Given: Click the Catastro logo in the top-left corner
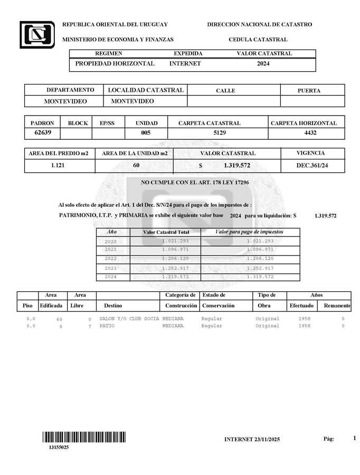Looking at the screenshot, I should [x=37, y=35].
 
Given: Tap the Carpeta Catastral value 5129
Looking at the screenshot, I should [x=220, y=133].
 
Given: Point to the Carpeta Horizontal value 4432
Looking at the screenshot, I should [x=310, y=133].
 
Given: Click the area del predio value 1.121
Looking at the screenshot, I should [x=59, y=166].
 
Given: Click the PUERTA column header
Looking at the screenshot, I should [x=309, y=90].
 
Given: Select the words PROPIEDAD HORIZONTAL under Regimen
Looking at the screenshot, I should [x=115, y=64].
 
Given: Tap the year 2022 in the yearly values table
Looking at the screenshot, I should [x=111, y=259].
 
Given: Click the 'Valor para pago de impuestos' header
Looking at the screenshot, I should [x=249, y=232].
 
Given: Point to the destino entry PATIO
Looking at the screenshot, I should [x=107, y=326].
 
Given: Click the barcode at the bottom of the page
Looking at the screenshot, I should [x=84, y=437].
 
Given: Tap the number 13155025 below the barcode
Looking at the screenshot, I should [x=59, y=448].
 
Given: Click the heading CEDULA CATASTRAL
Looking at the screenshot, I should [x=258, y=40].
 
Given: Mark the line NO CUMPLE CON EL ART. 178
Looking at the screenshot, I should [x=195, y=183].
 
